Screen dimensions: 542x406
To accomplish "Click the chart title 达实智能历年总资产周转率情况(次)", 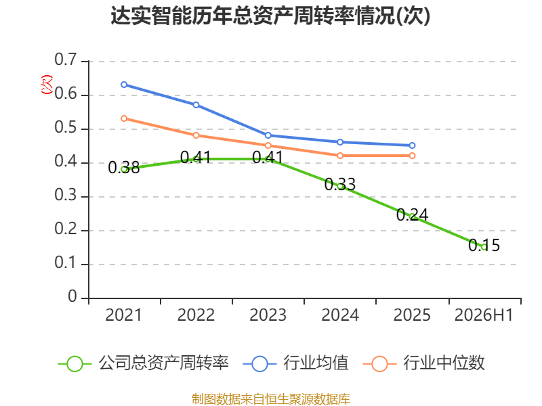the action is pyautogui.click(x=270, y=16).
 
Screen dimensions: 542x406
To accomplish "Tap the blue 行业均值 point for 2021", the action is pyautogui.click(x=124, y=85).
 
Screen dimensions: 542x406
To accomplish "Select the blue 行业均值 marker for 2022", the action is pyautogui.click(x=196, y=105).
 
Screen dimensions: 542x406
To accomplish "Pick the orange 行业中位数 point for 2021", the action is pyautogui.click(x=124, y=118).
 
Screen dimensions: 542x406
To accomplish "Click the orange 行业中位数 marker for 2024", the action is pyautogui.click(x=340, y=156).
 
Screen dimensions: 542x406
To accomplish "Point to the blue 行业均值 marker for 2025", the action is pyautogui.click(x=412, y=145).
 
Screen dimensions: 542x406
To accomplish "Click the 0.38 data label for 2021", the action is pyautogui.click(x=124, y=168).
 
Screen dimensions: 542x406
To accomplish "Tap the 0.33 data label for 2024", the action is pyautogui.click(x=340, y=184).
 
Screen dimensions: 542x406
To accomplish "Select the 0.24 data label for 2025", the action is pyautogui.click(x=412, y=215).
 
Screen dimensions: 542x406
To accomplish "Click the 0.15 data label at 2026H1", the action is pyautogui.click(x=484, y=246).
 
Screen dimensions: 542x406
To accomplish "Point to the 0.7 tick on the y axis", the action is pyautogui.click(x=66, y=60).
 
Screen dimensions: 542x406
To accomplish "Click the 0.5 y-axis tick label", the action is pyautogui.click(x=66, y=128).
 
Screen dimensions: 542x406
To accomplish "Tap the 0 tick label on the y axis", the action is pyautogui.click(x=72, y=296).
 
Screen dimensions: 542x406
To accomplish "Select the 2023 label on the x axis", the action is pyautogui.click(x=268, y=315).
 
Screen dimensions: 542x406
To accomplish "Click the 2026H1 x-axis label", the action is pyautogui.click(x=484, y=315).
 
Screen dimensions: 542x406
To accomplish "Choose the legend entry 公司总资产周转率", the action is pyautogui.click(x=144, y=363).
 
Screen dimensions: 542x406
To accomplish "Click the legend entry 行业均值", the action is pyautogui.click(x=296, y=363).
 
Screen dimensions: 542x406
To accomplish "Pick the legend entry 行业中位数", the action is pyautogui.click(x=424, y=363).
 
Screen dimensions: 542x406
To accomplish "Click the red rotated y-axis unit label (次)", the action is pyautogui.click(x=47, y=84).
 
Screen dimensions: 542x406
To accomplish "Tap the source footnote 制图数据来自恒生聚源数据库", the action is pyautogui.click(x=271, y=399).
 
